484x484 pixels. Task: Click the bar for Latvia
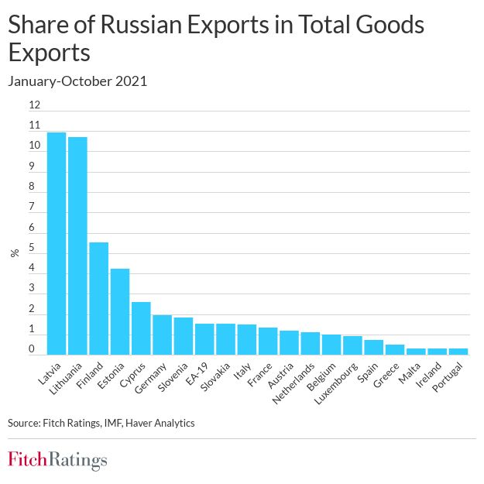[x=57, y=243]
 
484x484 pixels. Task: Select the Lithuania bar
[x=77, y=245]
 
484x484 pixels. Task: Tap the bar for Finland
[x=98, y=298]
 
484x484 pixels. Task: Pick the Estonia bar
[x=120, y=311]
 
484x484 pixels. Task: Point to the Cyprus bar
[x=141, y=328]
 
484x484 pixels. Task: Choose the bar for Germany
[x=162, y=335]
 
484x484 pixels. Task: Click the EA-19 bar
[x=204, y=338]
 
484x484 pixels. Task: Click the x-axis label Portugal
[x=450, y=377]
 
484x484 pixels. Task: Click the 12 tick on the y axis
[x=34, y=105]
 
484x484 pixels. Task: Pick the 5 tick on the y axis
[x=33, y=249]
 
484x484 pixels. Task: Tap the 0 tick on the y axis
[x=33, y=349]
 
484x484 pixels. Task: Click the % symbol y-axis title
[x=14, y=253]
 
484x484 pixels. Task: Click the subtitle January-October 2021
[x=77, y=81]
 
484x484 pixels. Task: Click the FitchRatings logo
[x=57, y=459]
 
